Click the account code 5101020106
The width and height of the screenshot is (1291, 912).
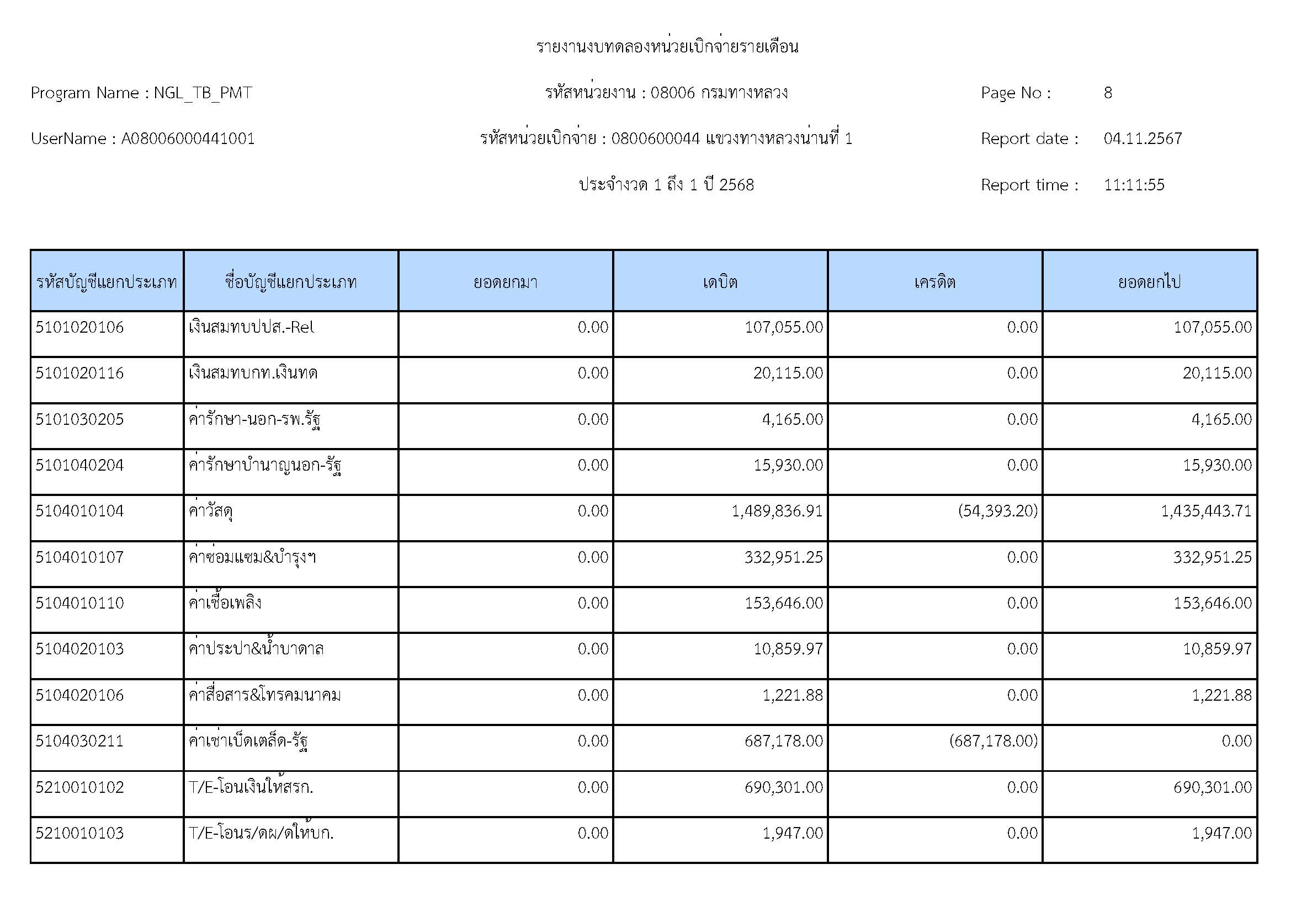click(79, 327)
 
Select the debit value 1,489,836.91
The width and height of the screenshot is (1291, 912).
click(777, 511)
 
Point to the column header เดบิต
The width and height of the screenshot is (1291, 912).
click(720, 281)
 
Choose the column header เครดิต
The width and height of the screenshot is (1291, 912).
click(934, 281)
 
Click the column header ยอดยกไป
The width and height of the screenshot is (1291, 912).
click(1149, 281)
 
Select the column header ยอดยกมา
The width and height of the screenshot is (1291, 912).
click(506, 281)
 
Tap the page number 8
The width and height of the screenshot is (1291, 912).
click(1108, 93)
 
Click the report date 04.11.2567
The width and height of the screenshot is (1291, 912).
click(1143, 139)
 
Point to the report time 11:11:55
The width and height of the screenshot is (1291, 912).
click(1134, 185)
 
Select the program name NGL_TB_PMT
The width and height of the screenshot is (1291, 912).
click(203, 93)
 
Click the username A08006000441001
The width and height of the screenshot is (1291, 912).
click(188, 139)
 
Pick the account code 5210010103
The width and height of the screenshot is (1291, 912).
click(79, 833)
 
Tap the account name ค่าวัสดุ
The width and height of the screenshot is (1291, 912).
click(211, 511)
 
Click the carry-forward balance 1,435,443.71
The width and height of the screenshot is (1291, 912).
click(1206, 511)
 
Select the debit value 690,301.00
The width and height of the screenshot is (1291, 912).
click(783, 787)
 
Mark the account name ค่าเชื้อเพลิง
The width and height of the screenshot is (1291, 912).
click(225, 603)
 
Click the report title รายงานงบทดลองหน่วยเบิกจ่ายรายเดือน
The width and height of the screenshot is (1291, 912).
click(667, 47)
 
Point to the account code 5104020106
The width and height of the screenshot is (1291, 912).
click(79, 695)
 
